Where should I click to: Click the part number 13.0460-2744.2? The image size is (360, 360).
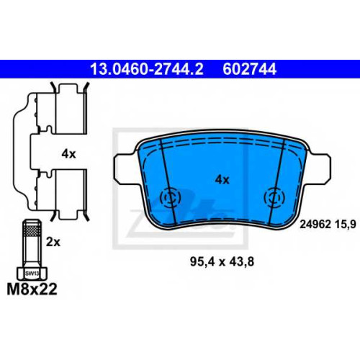(147, 69)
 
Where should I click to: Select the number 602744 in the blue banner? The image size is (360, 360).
(249, 69)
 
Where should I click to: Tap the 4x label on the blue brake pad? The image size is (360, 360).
(222, 179)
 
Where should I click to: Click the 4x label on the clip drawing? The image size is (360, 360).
(68, 154)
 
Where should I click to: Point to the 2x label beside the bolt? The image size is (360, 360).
(53, 242)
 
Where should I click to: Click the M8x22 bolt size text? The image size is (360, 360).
(32, 289)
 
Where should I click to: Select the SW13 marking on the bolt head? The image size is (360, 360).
(32, 274)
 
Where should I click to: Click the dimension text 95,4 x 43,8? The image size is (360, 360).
(222, 261)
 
